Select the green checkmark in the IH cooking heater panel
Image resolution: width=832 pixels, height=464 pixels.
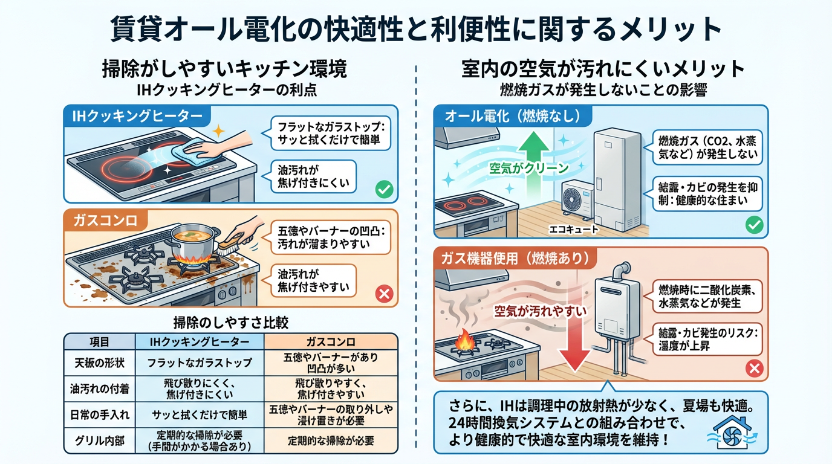tap(384, 190)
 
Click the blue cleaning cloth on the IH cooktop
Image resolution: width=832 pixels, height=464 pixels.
tap(188, 151)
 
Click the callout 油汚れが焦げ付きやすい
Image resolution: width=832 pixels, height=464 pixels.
tap(313, 280)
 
